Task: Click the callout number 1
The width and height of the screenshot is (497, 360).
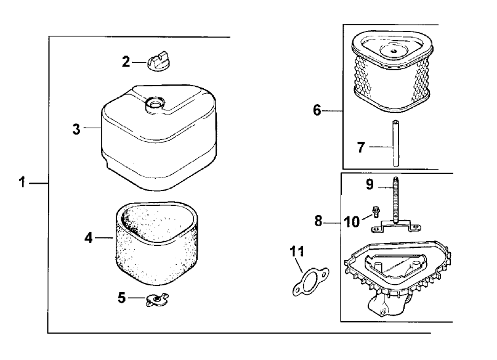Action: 22,183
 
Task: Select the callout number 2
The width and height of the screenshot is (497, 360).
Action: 126,61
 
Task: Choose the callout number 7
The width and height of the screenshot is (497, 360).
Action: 362,147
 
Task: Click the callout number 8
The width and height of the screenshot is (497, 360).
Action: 318,221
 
